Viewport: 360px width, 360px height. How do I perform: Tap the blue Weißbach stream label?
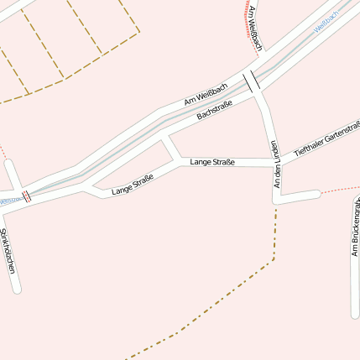pyautogui.click(x=326, y=23)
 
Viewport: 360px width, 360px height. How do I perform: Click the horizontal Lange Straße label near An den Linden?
pyautogui.click(x=211, y=162)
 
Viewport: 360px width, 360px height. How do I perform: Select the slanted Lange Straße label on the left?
pyautogui.click(x=133, y=185)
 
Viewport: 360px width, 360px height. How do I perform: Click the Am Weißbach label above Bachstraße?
pyautogui.click(x=206, y=94)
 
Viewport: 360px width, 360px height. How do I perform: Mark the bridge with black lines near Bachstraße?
pyautogui.click(x=252, y=81)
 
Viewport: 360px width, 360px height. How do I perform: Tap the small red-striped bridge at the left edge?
pyautogui.click(x=27, y=196)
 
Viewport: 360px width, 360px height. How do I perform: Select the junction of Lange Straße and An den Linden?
pyautogui.click(x=274, y=162)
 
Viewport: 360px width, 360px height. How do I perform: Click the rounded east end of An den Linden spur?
pyautogui.click(x=316, y=195)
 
